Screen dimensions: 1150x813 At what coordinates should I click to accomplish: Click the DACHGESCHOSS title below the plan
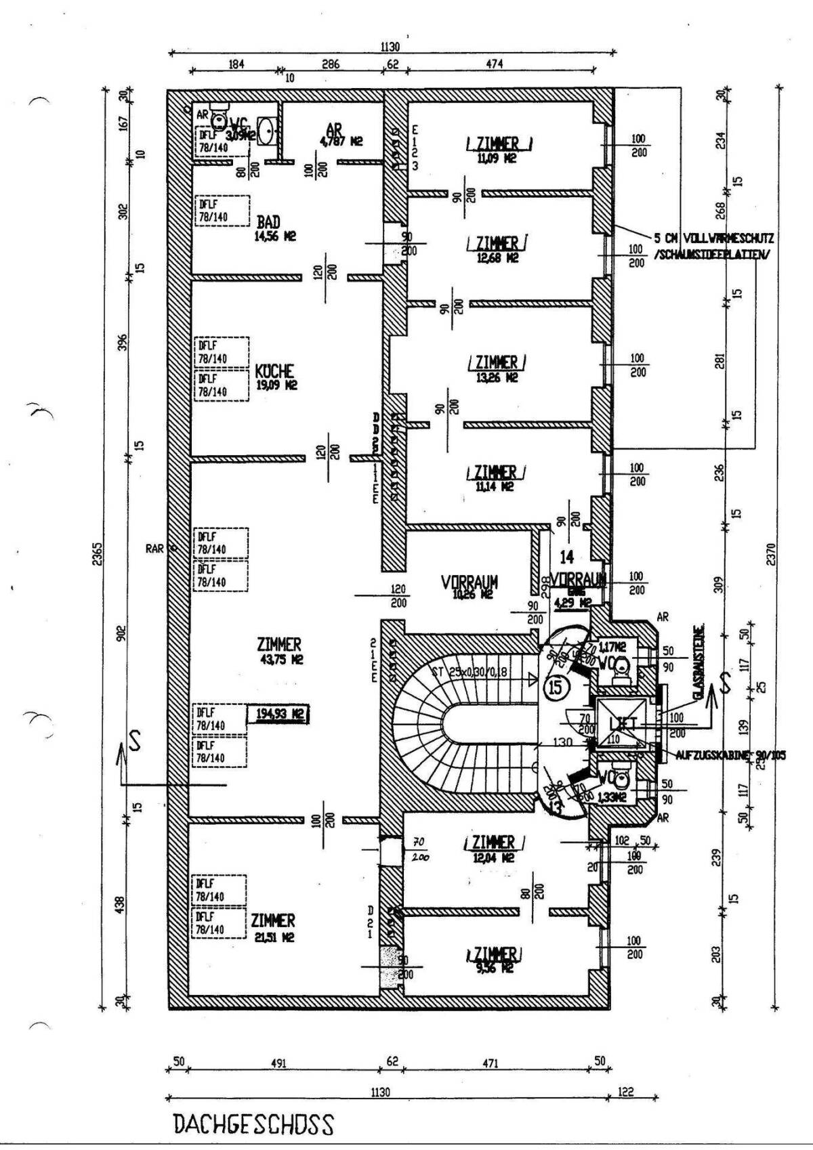pyautogui.click(x=253, y=1124)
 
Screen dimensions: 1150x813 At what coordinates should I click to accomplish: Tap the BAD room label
pyautogui.click(x=268, y=222)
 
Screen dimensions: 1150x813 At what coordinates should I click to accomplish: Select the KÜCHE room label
pyautogui.click(x=274, y=372)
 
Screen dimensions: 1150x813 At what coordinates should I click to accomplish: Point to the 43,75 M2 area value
pyautogui.click(x=279, y=659)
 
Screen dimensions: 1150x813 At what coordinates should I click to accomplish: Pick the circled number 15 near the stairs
pyautogui.click(x=555, y=688)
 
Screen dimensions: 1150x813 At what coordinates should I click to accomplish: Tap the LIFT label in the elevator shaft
pyautogui.click(x=623, y=723)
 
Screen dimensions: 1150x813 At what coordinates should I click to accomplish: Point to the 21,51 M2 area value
pyautogui.click(x=274, y=937)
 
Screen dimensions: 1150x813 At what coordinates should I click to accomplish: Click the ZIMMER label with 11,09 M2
pyautogui.click(x=498, y=144)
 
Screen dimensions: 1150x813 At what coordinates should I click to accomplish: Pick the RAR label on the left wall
pyautogui.click(x=154, y=549)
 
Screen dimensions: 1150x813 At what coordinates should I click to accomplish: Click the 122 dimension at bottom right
pyautogui.click(x=626, y=1092)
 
